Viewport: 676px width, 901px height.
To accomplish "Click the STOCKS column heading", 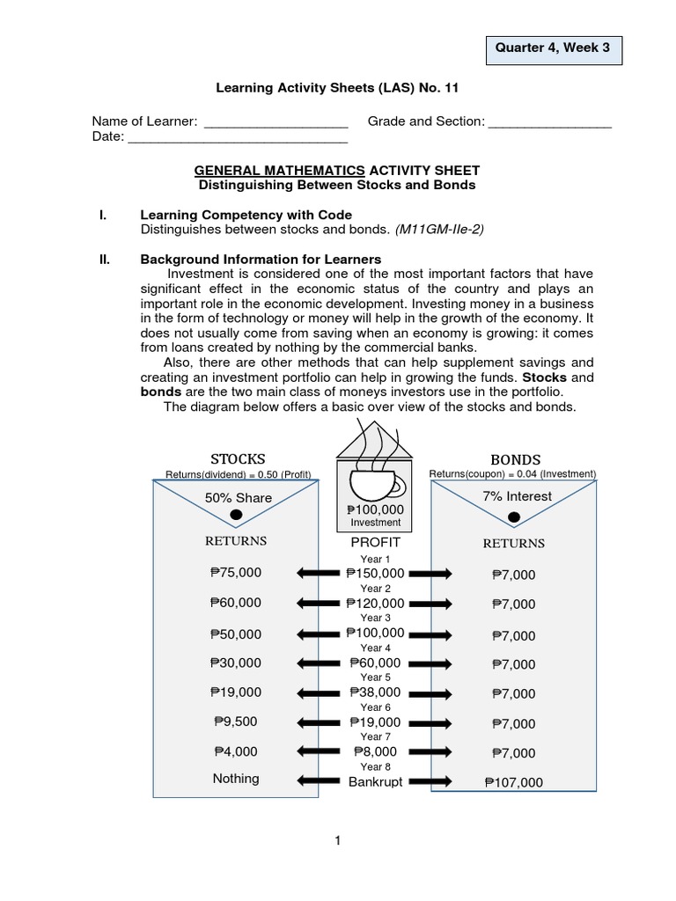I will (238, 458).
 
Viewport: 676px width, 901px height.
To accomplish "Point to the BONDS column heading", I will (515, 459).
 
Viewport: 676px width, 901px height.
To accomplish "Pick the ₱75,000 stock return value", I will (236, 573).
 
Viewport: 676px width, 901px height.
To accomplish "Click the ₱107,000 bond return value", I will (513, 782).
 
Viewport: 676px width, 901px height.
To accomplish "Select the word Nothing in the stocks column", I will (236, 779).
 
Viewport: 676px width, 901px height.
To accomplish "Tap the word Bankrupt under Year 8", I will (375, 781).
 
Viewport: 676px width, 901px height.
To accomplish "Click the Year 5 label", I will (375, 678).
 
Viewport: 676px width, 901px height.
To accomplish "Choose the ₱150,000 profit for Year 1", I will (375, 574).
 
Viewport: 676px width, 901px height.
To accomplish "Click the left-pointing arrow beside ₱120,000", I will (320, 604).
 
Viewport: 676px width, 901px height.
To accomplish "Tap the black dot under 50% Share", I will (236, 515).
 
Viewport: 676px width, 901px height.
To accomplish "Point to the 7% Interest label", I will (517, 496).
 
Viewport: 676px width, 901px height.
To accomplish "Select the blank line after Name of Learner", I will (276, 121).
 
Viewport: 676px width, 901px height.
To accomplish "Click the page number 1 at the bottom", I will (337, 842).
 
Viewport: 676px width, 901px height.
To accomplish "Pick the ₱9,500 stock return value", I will (236, 722).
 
